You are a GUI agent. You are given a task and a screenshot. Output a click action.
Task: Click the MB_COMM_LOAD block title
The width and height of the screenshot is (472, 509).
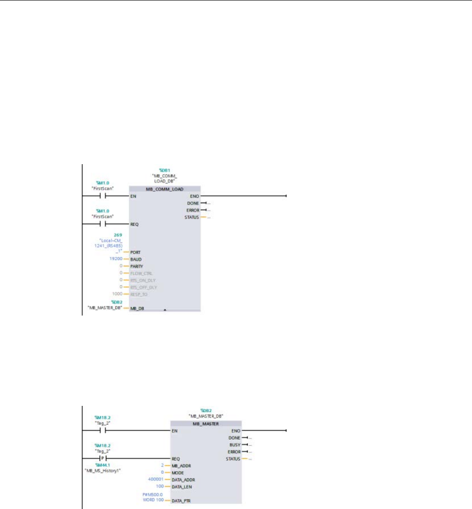click(165, 189)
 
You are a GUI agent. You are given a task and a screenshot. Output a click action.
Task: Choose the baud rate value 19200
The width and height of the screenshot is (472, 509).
click(116, 259)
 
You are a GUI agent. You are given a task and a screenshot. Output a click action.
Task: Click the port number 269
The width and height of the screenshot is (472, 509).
click(119, 234)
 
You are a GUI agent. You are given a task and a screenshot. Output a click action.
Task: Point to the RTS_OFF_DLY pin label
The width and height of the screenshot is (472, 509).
click(145, 287)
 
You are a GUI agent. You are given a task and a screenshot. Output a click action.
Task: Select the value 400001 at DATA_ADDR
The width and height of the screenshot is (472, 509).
click(157, 479)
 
